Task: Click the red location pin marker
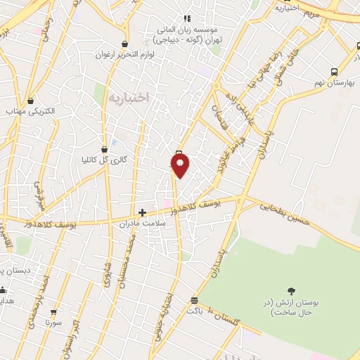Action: tap(180, 165)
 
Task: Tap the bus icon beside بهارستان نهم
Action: tap(333, 72)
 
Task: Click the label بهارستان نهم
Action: tap(334, 83)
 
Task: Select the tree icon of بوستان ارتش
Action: tap(291, 290)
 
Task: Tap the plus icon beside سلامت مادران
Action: tap(142, 212)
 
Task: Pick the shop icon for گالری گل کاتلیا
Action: tap(104, 149)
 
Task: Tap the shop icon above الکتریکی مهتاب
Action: tap(30, 101)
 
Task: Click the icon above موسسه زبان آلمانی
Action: tap(186, 18)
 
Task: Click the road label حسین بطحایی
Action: tap(285, 214)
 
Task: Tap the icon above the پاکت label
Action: tap(194, 300)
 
